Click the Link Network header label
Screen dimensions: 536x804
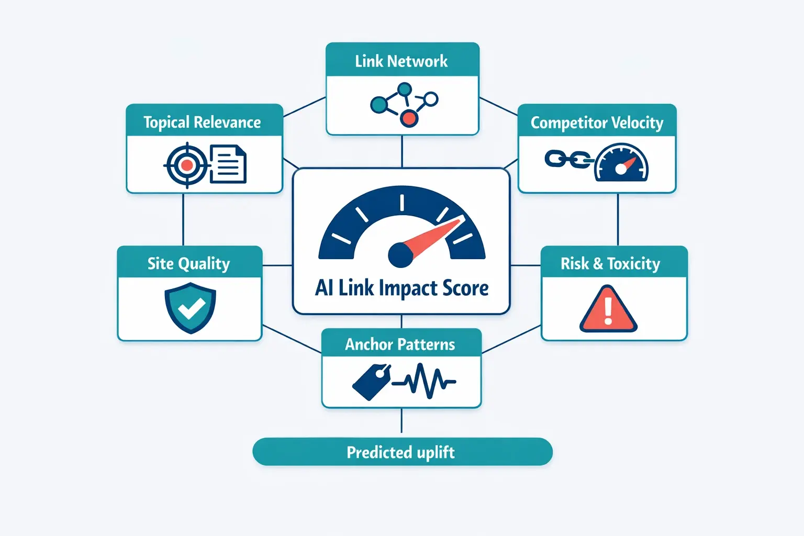(x=401, y=61)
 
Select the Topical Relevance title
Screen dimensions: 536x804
(x=202, y=122)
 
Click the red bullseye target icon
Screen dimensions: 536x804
(x=186, y=166)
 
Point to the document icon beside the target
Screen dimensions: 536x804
(x=228, y=164)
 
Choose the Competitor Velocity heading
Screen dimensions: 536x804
(x=597, y=122)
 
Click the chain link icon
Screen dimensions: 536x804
(x=567, y=159)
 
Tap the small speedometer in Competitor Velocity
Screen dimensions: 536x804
(x=622, y=164)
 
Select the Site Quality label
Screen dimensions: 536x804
(x=188, y=263)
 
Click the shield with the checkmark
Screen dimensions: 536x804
(x=191, y=308)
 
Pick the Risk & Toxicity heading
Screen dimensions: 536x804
(x=610, y=263)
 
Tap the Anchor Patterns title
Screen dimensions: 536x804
(x=400, y=344)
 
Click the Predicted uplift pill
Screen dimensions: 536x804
(x=402, y=452)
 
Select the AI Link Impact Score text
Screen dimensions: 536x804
(x=402, y=288)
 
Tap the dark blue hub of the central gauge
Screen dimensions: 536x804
(x=400, y=255)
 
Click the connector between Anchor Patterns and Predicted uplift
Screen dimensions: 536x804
(x=401, y=421)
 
